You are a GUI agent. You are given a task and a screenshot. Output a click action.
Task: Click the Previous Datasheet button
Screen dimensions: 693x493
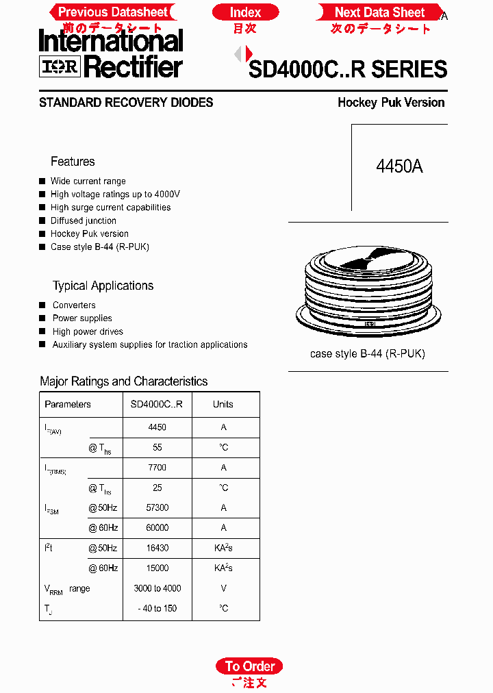112,12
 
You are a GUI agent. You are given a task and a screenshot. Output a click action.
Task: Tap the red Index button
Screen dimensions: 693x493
245,12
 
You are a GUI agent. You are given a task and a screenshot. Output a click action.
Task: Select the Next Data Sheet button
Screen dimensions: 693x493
379,12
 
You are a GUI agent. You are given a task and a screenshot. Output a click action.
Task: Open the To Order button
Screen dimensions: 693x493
249,666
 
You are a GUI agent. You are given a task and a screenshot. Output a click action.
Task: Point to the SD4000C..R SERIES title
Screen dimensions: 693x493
348,69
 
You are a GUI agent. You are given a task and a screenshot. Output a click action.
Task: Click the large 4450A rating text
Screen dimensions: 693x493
399,166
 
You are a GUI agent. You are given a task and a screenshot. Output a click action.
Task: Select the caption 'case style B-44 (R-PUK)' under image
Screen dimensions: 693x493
368,354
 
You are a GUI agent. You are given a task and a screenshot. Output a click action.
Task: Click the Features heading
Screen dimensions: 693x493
73,162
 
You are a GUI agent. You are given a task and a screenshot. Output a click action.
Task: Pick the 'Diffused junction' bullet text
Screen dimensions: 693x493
83,220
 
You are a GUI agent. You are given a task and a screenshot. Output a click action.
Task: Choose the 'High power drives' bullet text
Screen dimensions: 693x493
88,331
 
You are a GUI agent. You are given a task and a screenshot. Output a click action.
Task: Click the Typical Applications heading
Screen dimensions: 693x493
103,286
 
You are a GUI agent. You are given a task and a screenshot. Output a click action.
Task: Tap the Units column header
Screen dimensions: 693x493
223,404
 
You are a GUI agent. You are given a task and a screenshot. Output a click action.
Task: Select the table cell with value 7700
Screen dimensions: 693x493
157,468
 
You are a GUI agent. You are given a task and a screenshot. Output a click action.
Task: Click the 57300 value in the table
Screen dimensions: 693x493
157,508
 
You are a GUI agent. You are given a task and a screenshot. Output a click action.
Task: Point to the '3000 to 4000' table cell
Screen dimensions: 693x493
157,588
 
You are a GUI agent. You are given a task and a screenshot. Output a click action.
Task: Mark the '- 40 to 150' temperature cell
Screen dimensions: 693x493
157,608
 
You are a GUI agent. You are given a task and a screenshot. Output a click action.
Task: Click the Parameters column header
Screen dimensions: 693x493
68,404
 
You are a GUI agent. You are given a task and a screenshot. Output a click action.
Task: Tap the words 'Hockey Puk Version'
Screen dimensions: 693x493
391,103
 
